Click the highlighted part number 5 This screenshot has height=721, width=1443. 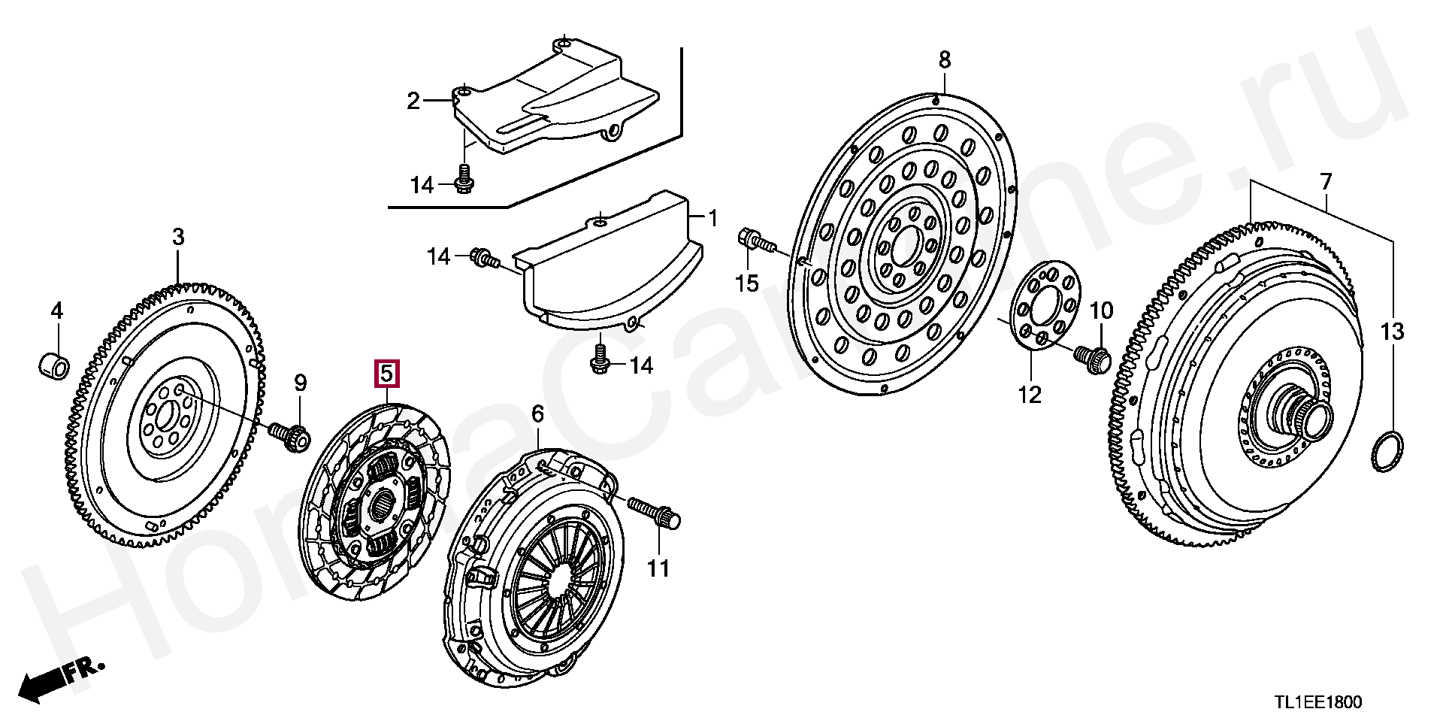pos(386,373)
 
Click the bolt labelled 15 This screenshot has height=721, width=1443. pos(757,242)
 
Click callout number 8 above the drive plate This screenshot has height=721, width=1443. pos(944,59)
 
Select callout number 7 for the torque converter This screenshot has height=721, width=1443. pos(1324,181)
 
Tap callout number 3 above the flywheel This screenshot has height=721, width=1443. pos(177,238)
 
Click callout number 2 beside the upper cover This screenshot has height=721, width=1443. pos(413,100)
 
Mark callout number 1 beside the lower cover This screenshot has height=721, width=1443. pos(712,219)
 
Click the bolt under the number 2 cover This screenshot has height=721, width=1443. pos(464,180)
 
